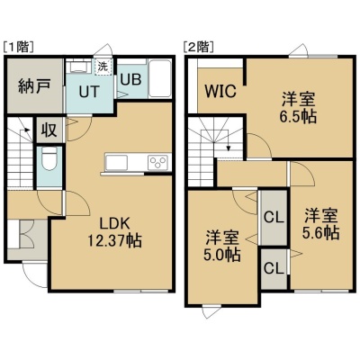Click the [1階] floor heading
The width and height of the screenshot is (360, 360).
(x=18, y=48)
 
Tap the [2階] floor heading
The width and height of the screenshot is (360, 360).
(x=198, y=47)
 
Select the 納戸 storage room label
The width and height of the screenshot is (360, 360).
(x=33, y=86)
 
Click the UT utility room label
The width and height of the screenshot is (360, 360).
(x=89, y=91)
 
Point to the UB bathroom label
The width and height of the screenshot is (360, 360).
(x=130, y=79)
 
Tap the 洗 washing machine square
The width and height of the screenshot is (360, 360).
(x=103, y=67)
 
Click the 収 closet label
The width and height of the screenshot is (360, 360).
(x=49, y=130)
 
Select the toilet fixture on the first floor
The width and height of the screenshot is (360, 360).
(x=50, y=158)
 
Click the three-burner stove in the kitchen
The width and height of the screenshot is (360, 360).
(x=158, y=162)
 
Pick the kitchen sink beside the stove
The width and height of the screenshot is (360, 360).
(x=117, y=163)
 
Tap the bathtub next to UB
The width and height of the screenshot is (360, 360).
(x=160, y=79)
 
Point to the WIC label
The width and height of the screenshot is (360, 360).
(x=220, y=91)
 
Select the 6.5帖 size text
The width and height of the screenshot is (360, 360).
(x=298, y=117)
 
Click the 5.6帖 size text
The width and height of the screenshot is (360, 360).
(x=320, y=232)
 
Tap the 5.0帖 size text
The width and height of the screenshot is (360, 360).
(x=222, y=255)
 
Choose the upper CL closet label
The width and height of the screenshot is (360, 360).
(x=274, y=217)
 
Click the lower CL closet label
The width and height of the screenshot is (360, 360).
(x=274, y=268)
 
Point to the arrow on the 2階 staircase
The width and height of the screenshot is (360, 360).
(x=229, y=145)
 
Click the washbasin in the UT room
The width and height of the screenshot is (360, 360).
(x=78, y=67)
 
